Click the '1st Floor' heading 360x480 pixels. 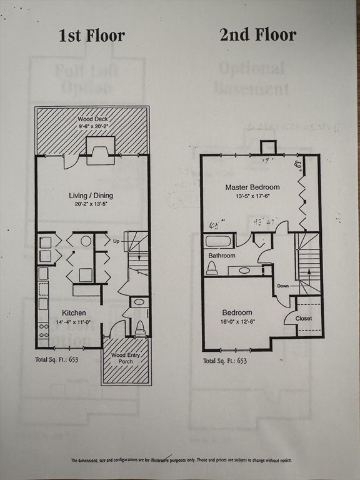click(92, 35)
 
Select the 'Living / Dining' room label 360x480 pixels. click(91, 196)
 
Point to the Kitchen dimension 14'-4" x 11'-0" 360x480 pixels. click(73, 322)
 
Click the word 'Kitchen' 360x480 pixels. click(74, 312)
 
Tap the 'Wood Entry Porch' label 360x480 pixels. click(126, 358)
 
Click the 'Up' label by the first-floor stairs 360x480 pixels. click(116, 241)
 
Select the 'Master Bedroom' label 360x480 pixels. click(252, 187)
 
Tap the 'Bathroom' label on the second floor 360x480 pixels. click(221, 256)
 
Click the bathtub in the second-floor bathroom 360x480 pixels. click(218, 241)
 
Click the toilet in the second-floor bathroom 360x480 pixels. click(212, 267)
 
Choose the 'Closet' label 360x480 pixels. click(304, 318)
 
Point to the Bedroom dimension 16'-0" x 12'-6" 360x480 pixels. click(237, 321)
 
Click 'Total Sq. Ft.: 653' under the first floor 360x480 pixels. click(57, 360)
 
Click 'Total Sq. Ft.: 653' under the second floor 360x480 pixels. click(224, 361)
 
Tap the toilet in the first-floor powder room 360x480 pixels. click(140, 327)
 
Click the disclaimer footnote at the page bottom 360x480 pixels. click(181, 460)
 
